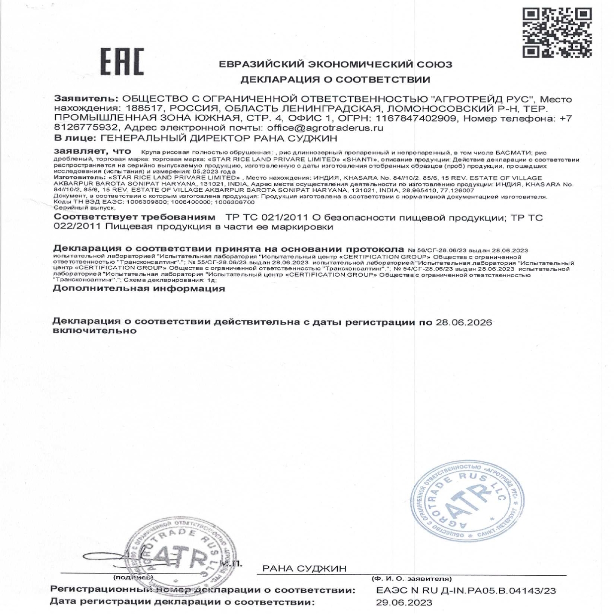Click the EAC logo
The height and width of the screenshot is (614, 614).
point(122,63)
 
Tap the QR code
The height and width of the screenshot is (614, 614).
point(557,33)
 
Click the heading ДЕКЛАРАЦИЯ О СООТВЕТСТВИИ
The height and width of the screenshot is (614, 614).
point(335,79)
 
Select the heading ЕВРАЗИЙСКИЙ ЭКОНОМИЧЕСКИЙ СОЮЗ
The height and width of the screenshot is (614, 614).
point(335,65)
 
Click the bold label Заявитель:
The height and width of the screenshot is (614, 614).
point(86,99)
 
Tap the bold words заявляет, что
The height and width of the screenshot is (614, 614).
point(92,151)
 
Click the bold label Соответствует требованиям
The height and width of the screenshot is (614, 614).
point(135,218)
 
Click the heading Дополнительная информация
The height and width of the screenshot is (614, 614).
point(139,289)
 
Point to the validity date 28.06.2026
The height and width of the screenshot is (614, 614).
point(464,322)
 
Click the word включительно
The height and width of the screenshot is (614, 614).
point(94,331)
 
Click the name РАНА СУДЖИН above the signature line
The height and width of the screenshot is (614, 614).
point(304,568)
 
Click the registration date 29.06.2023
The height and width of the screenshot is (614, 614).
point(404,603)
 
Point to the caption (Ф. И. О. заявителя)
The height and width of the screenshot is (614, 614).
point(411,579)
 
